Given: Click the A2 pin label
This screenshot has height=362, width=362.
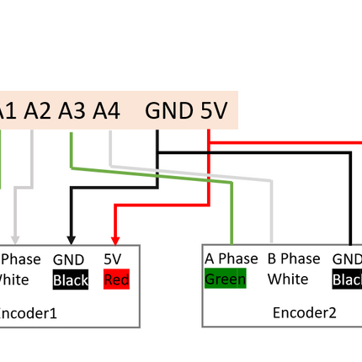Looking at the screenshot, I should pyautogui.click(x=38, y=110).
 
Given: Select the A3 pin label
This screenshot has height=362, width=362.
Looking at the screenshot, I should pyautogui.click(x=72, y=110).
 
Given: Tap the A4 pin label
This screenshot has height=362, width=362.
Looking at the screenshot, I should pyautogui.click(x=107, y=110).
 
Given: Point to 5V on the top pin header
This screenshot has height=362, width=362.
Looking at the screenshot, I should pyautogui.click(x=214, y=110).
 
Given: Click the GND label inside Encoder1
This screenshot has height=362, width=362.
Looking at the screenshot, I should pyautogui.click(x=68, y=261).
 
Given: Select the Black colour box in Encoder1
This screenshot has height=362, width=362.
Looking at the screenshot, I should pyautogui.click(x=70, y=280).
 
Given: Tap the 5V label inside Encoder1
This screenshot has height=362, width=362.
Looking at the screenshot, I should pyautogui.click(x=113, y=261).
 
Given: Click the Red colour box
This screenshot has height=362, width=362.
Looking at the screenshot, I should pyautogui.click(x=116, y=280).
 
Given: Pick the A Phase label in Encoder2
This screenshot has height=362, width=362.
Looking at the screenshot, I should pyautogui.click(x=232, y=258).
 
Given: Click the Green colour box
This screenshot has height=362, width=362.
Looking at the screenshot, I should pyautogui.click(x=225, y=279).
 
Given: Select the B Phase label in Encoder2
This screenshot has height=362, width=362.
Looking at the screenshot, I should pyautogui.click(x=294, y=258).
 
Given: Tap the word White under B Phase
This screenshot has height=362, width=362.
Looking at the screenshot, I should pyautogui.click(x=288, y=279).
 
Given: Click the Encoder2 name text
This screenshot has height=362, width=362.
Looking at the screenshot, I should pyautogui.click(x=304, y=312).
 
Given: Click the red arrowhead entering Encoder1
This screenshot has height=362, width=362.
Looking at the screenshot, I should pyautogui.click(x=115, y=238).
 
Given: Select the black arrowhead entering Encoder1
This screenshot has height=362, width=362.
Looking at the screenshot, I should pyautogui.click(x=70, y=238).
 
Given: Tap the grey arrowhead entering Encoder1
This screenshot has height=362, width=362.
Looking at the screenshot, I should pyautogui.click(x=14, y=238).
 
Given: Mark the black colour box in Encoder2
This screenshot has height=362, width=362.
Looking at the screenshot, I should pyautogui.click(x=347, y=279).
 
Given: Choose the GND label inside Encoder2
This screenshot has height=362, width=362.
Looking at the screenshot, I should pyautogui.click(x=347, y=259).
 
